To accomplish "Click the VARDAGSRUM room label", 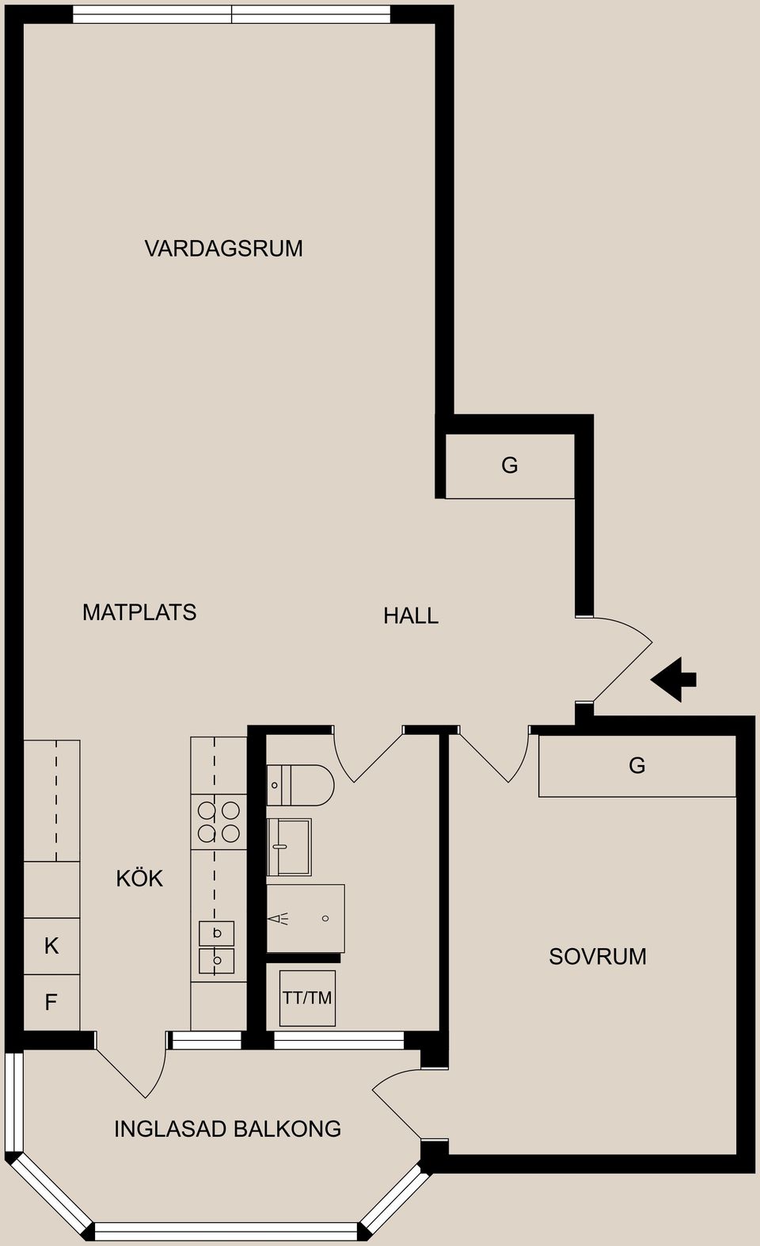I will pyautogui.click(x=223, y=249).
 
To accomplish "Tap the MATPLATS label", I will pyautogui.click(x=139, y=612).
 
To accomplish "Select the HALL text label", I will pyautogui.click(x=411, y=615).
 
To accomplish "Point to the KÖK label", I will pyautogui.click(x=139, y=878).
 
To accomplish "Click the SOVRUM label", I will pyautogui.click(x=598, y=957).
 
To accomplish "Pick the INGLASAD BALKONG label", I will pyautogui.click(x=227, y=1129).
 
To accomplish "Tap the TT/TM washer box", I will pyautogui.click(x=307, y=998).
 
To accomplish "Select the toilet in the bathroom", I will pyautogui.click(x=301, y=785).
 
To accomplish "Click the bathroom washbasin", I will pyautogui.click(x=290, y=847).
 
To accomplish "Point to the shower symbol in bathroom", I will pyautogui.click(x=306, y=919).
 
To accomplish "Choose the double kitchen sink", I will pyautogui.click(x=216, y=947).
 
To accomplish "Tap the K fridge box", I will pyautogui.click(x=51, y=946).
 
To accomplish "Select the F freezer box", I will pyautogui.click(x=51, y=1003).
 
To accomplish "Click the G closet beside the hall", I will pyautogui.click(x=510, y=466).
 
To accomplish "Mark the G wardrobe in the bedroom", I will pyautogui.click(x=636, y=765).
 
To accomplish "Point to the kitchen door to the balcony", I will pyautogui.click(x=135, y=1065).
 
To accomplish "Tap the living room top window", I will pyautogui.click(x=231, y=14).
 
